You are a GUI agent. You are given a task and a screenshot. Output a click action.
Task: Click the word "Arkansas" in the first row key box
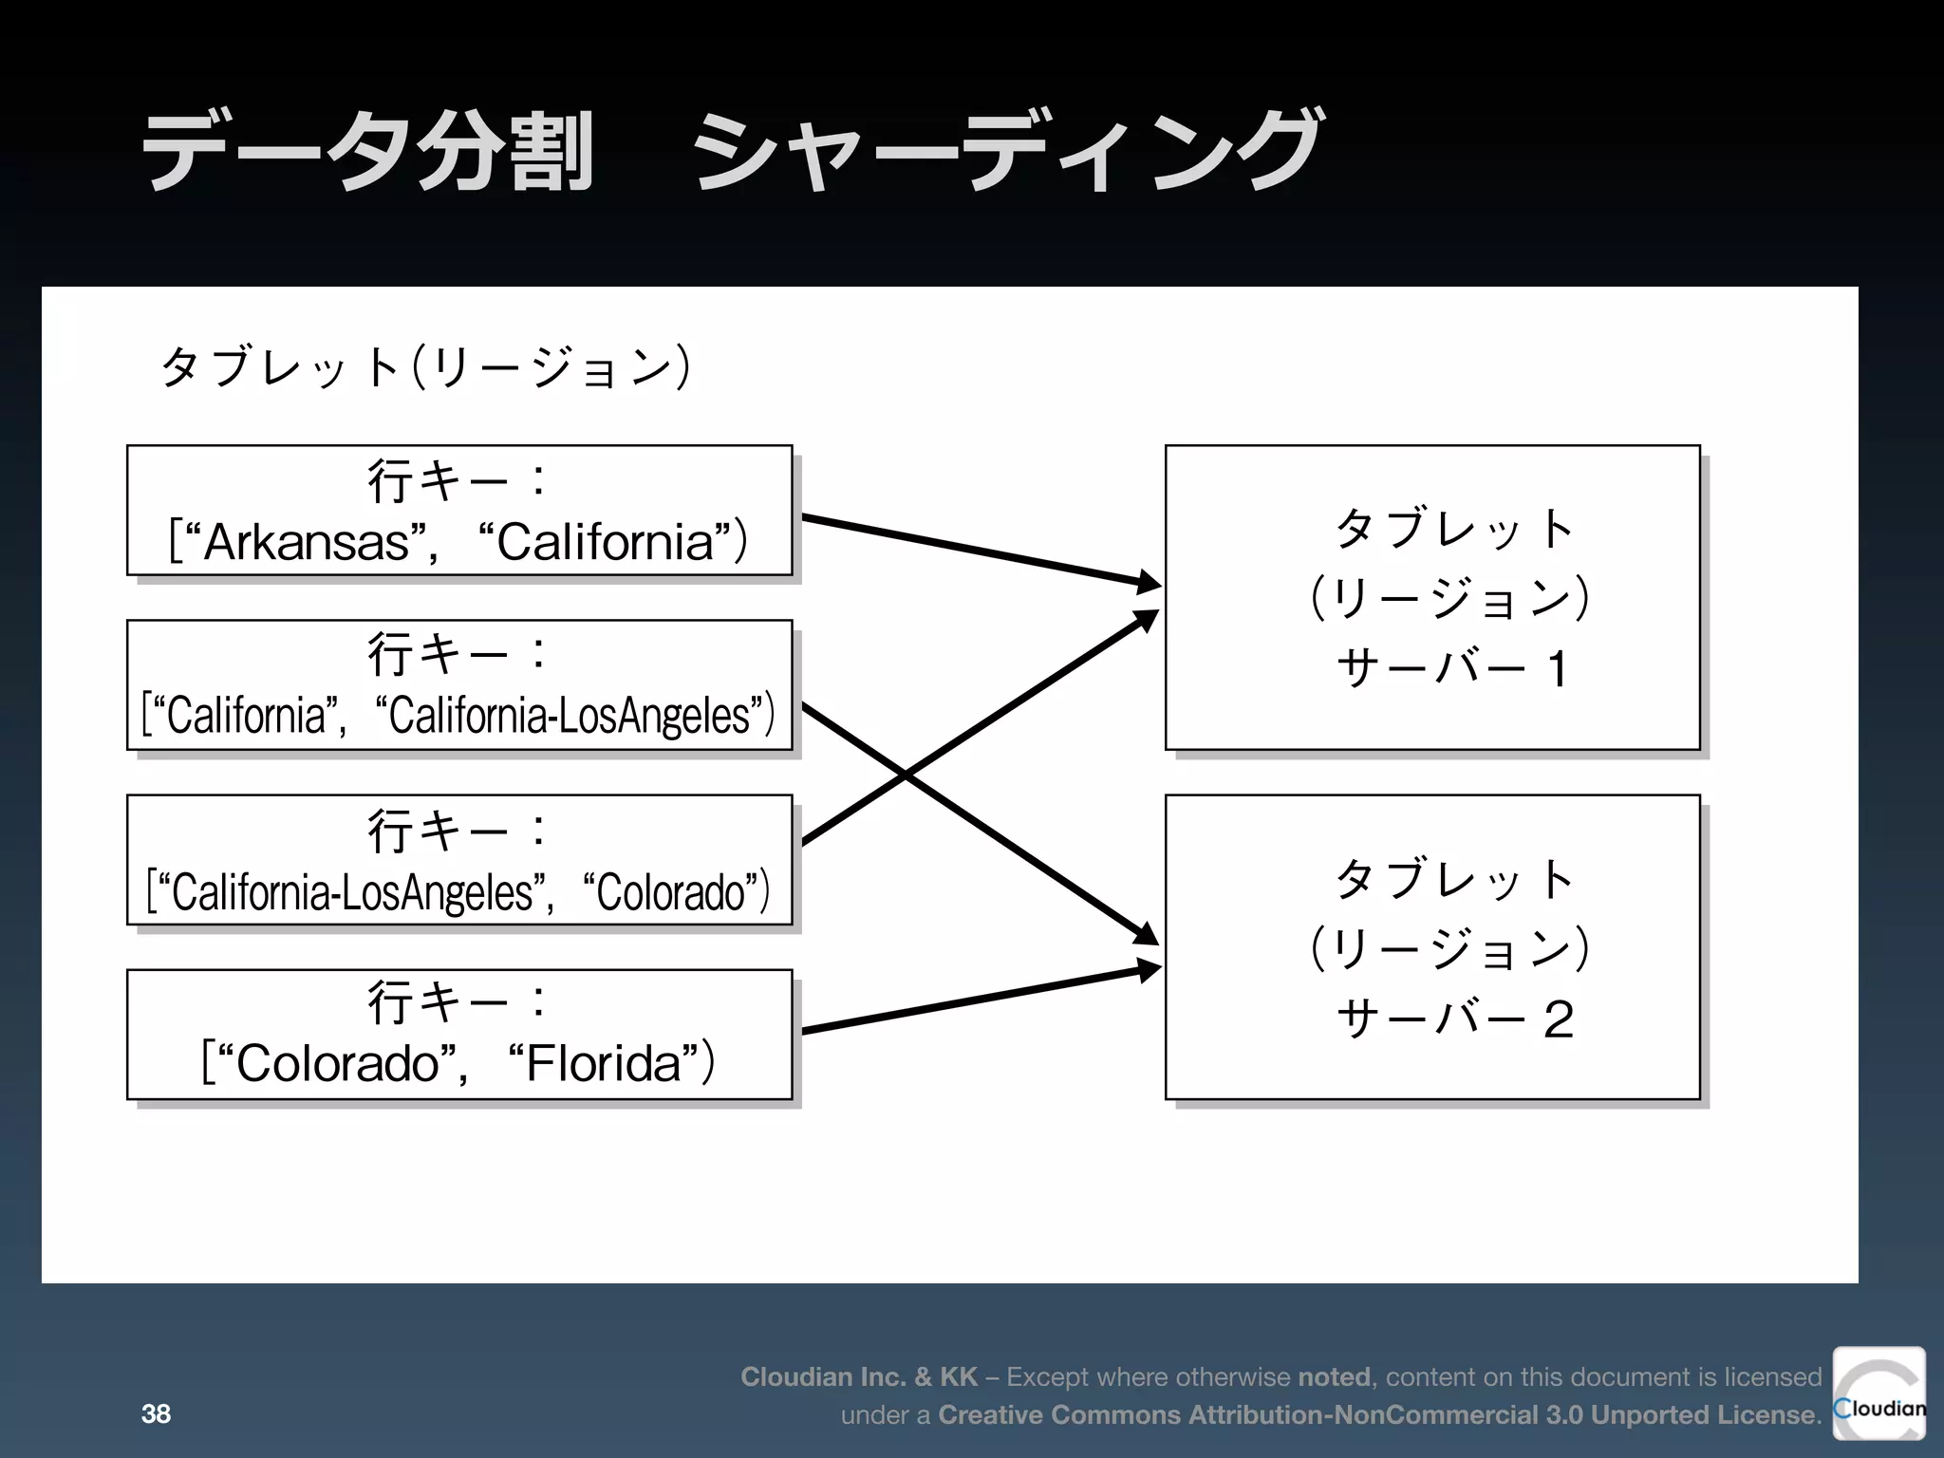coord(306,543)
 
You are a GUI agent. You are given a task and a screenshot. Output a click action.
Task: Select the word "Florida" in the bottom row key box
coord(604,1063)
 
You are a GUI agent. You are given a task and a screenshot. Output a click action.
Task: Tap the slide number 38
coord(156,1413)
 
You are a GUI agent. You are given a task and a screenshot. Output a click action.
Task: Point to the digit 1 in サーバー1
coord(1557,668)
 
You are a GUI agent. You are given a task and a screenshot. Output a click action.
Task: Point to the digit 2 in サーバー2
coord(1558,1019)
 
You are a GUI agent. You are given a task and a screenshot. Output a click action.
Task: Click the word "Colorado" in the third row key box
coord(670,892)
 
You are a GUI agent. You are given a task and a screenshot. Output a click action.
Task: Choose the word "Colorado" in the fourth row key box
coord(337,1063)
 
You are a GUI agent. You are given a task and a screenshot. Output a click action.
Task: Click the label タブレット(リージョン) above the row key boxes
coord(424,366)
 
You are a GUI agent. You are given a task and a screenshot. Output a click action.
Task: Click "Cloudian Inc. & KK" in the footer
coord(858,1376)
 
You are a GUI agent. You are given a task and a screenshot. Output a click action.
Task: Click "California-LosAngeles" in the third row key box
coord(352,892)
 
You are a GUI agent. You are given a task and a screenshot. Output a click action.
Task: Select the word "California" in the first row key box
coord(605,543)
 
